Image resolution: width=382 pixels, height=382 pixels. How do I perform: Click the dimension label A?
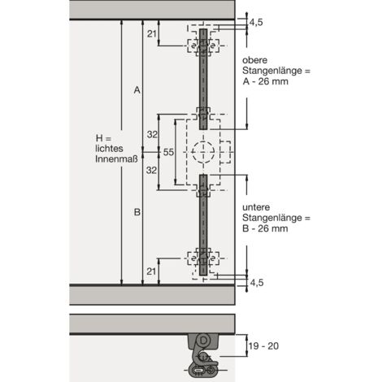(x=137, y=90)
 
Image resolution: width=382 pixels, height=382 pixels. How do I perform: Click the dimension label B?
(x=137, y=212)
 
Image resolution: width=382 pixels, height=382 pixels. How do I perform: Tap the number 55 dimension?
(x=168, y=152)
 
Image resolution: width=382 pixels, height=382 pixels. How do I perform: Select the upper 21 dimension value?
(x=152, y=34)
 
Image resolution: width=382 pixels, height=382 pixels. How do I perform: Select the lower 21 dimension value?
(x=151, y=271)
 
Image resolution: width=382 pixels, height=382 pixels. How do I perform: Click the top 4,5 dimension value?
(x=256, y=23)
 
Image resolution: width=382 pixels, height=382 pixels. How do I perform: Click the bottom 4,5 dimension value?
(x=257, y=283)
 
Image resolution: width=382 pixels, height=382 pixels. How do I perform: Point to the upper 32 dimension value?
(x=152, y=134)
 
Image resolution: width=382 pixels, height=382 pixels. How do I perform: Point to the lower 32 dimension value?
(x=151, y=171)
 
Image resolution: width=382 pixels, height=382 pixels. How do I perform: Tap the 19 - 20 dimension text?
(x=263, y=346)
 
